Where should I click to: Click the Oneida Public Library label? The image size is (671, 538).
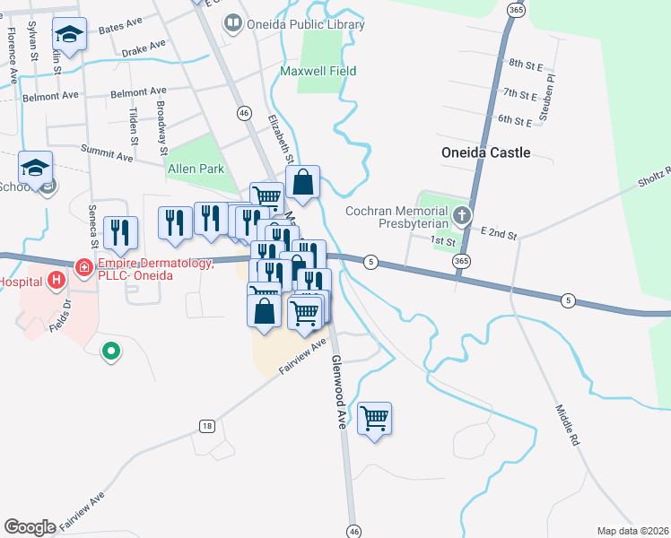tap(306, 24)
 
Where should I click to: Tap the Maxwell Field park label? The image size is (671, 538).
tap(318, 71)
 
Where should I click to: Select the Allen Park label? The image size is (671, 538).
tap(195, 169)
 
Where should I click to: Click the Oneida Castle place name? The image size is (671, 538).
tap(486, 152)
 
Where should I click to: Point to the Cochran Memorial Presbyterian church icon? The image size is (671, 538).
tap(461, 215)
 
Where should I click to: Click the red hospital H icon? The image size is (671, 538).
tap(57, 281)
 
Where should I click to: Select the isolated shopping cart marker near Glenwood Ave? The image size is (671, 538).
tap(374, 418)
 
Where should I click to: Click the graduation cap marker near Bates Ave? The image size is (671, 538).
tap(68, 35)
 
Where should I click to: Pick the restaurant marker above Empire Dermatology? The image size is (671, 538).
tap(119, 233)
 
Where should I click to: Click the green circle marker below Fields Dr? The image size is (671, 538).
tap(110, 351)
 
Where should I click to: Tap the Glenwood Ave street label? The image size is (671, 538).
tap(338, 393)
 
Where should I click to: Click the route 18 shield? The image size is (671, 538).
tap(207, 426)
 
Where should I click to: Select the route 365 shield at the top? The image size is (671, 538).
tap(515, 9)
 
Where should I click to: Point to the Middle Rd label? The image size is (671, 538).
tap(569, 426)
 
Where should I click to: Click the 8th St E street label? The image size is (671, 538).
tap(527, 64)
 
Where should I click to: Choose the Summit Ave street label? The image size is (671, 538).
tap(106, 153)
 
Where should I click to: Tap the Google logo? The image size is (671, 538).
tap(30, 527)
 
